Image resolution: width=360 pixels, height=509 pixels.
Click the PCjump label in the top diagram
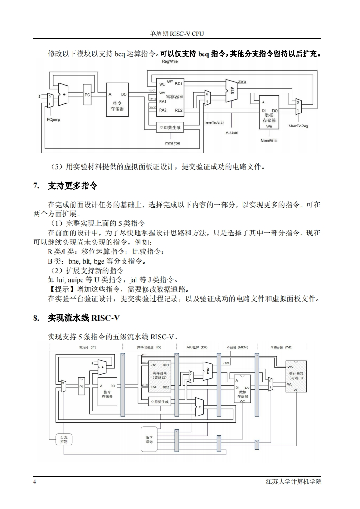[x=53, y=120]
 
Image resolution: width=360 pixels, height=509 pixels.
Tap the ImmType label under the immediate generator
[x=172, y=143]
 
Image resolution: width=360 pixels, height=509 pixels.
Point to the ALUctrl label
[x=232, y=133]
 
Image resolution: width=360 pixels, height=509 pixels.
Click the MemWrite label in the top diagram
[x=269, y=141]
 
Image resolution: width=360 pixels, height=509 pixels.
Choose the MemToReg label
[x=298, y=126]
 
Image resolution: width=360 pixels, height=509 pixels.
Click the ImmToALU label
[x=214, y=123]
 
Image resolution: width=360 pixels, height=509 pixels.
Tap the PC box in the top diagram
[x=88, y=95]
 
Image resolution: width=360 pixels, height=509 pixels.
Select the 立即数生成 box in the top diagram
[x=170, y=128]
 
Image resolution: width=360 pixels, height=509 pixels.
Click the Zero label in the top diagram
[x=242, y=81]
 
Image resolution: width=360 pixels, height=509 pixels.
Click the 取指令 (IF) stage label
[x=87, y=347]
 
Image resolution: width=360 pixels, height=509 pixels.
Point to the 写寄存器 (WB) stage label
[x=281, y=347]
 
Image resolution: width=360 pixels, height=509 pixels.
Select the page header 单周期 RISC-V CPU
[x=180, y=34]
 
